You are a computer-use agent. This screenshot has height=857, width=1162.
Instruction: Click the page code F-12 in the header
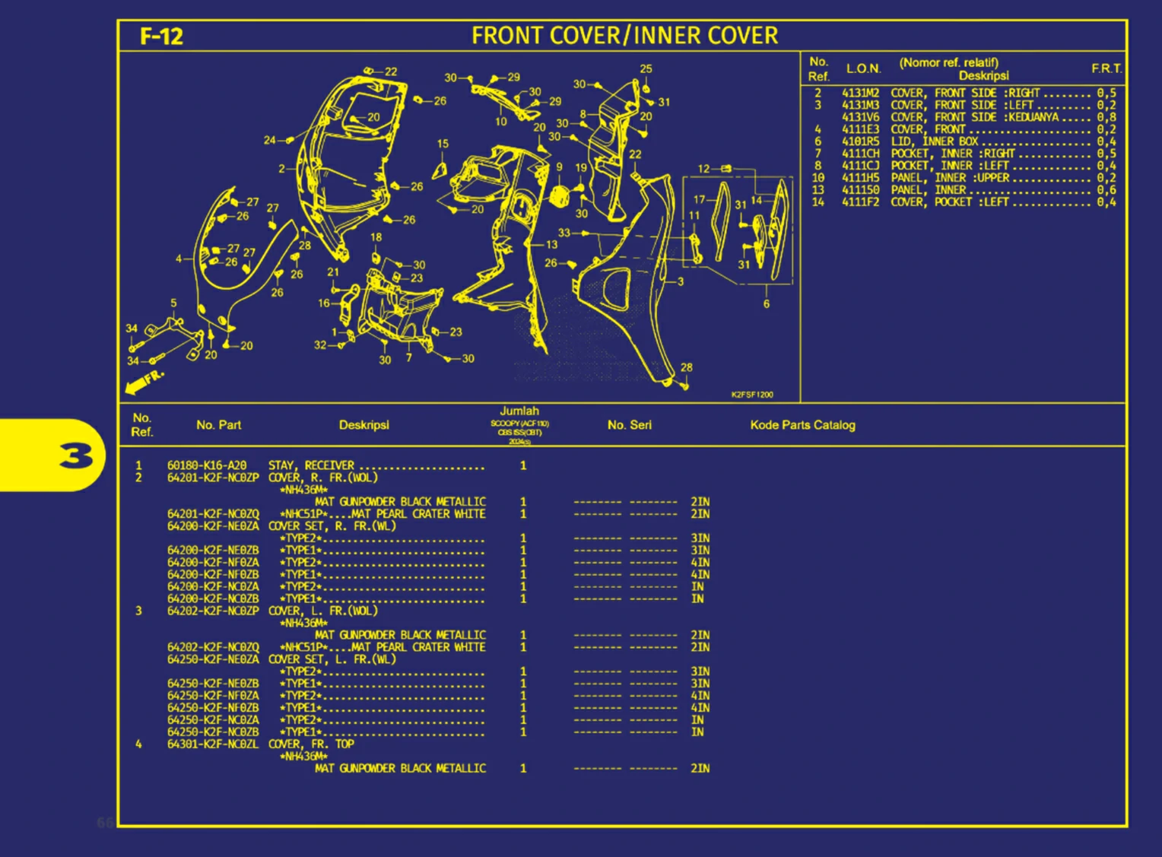(x=161, y=37)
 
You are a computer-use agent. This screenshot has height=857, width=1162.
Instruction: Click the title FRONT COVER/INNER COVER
(x=624, y=36)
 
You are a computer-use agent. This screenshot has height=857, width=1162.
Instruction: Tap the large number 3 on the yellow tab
(x=76, y=455)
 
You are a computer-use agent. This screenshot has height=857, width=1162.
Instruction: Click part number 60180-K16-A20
(x=207, y=465)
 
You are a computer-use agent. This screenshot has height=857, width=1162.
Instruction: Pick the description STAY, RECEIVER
(x=311, y=465)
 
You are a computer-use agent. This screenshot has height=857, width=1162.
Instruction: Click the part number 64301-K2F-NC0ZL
(x=213, y=744)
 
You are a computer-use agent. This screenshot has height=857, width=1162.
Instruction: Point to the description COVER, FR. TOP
(x=311, y=744)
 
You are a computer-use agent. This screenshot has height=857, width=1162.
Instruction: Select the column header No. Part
(x=218, y=425)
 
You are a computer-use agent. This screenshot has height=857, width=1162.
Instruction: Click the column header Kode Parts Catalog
(x=802, y=425)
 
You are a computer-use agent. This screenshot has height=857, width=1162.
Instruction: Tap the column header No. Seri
(x=629, y=425)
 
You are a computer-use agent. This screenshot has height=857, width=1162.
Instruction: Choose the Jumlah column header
(x=519, y=411)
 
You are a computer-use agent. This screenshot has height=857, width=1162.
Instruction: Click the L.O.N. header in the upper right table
(x=863, y=68)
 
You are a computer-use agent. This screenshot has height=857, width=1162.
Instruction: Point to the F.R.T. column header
(x=1106, y=68)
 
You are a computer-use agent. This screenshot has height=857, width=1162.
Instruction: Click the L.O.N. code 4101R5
(x=860, y=141)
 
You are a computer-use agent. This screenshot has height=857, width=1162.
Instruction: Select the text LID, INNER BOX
(x=935, y=141)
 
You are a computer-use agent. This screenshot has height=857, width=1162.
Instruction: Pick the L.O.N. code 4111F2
(x=860, y=202)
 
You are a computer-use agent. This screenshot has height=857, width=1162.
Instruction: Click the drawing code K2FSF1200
(x=752, y=395)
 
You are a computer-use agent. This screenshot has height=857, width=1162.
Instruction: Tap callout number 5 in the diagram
(x=173, y=303)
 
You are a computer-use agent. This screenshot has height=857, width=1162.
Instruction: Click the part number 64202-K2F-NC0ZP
(x=213, y=611)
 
